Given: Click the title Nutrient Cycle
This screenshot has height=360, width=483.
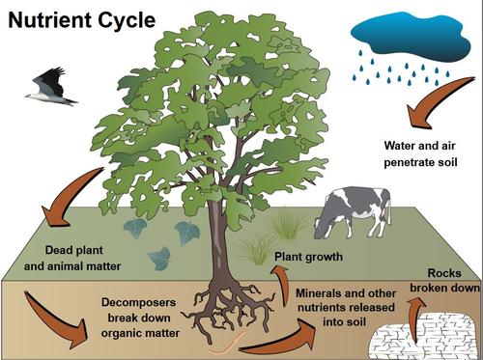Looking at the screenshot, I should pos(78,20).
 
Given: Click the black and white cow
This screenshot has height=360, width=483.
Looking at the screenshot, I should pos(354,210).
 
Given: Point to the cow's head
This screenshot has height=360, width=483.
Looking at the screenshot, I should pos(323,224).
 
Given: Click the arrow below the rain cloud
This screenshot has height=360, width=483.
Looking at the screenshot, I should pos(425,110).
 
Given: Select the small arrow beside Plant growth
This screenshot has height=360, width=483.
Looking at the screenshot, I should pos(281,283).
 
